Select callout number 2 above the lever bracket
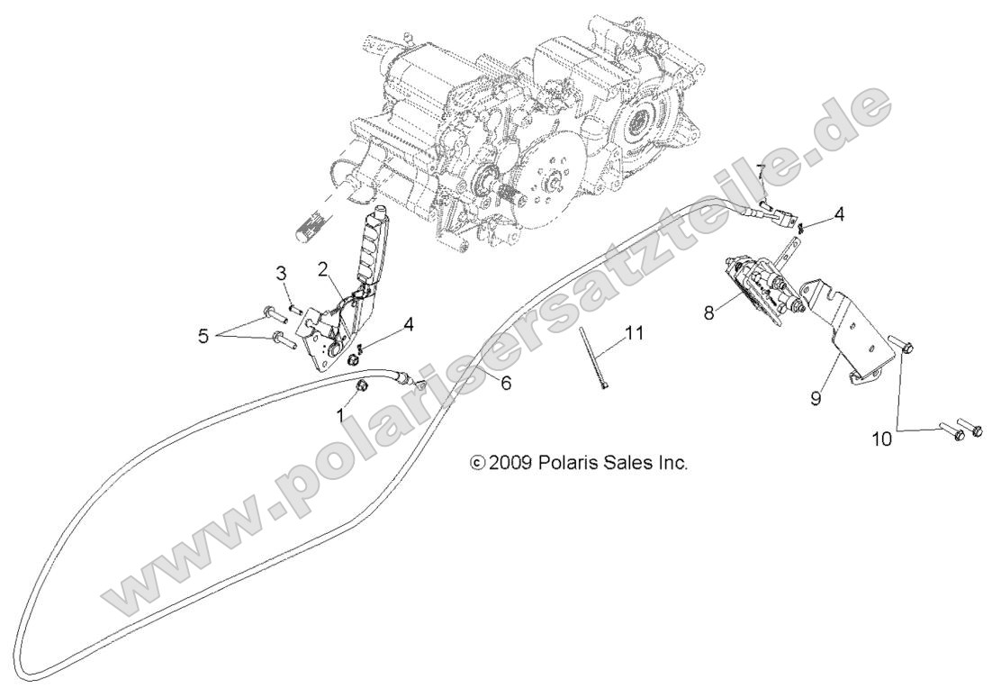pyautogui.click(x=323, y=269)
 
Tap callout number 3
pyautogui.click(x=281, y=273)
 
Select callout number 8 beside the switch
pyautogui.click(x=710, y=312)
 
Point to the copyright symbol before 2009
pyautogui.click(x=477, y=464)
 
